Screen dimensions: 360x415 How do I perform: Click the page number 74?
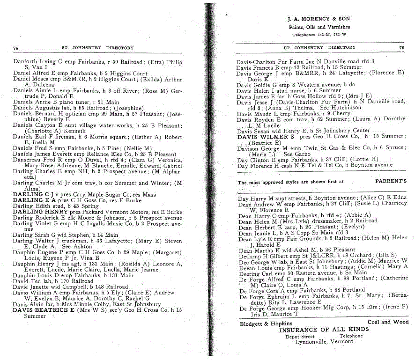coord(15,48)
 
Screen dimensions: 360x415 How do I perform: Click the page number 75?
coord(401,47)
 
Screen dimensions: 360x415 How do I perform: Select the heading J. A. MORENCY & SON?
coord(319,19)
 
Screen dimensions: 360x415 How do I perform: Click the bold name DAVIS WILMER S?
coord(266,137)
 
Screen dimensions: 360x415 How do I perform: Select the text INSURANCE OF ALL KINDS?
coord(324,330)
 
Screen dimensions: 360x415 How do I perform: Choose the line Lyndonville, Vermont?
coord(324,341)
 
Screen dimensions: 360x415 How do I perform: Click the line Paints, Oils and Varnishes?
coord(319,27)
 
